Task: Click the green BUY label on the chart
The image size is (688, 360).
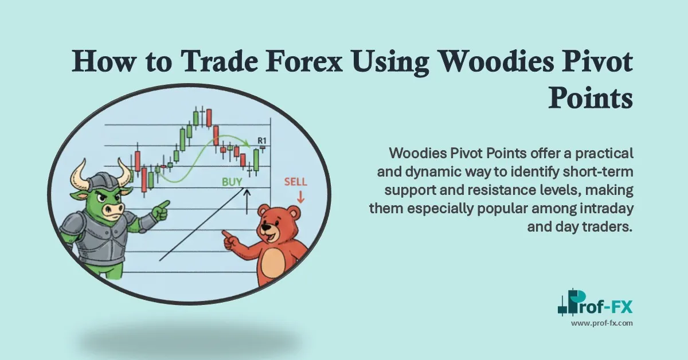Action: point(233,182)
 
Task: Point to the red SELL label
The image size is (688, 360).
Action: point(296,182)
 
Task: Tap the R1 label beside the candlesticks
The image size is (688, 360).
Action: point(263,140)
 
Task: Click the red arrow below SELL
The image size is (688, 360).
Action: point(300,197)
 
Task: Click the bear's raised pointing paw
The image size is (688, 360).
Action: point(229,238)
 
